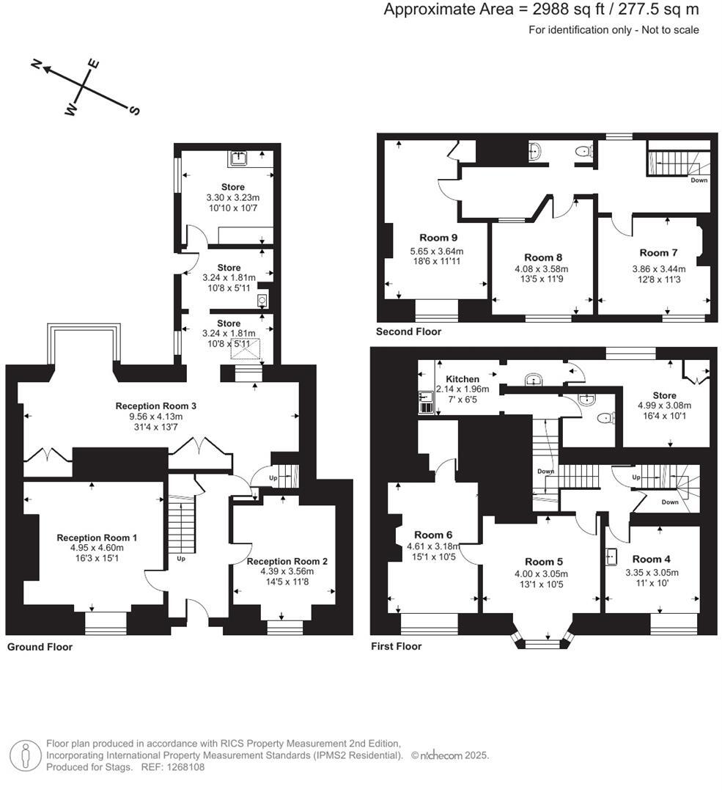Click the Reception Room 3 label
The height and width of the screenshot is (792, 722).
click(x=155, y=406)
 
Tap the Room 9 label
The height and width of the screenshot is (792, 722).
click(x=438, y=238)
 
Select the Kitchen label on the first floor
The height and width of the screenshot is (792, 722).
click(x=463, y=379)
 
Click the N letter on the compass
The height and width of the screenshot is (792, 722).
click(x=36, y=65)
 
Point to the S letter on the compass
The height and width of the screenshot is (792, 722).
click(x=134, y=111)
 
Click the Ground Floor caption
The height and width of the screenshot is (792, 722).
click(x=40, y=647)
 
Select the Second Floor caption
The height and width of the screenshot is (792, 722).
click(x=408, y=332)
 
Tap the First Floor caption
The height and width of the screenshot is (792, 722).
click(x=396, y=647)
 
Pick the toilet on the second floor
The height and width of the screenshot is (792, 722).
click(x=583, y=153)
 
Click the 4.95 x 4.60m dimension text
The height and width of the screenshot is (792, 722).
click(x=97, y=548)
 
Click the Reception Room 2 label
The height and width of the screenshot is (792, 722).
click(x=287, y=561)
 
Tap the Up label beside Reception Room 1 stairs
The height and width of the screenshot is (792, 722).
click(x=180, y=558)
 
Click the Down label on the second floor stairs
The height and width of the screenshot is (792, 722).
click(x=699, y=180)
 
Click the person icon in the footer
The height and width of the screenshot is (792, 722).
click(x=26, y=755)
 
